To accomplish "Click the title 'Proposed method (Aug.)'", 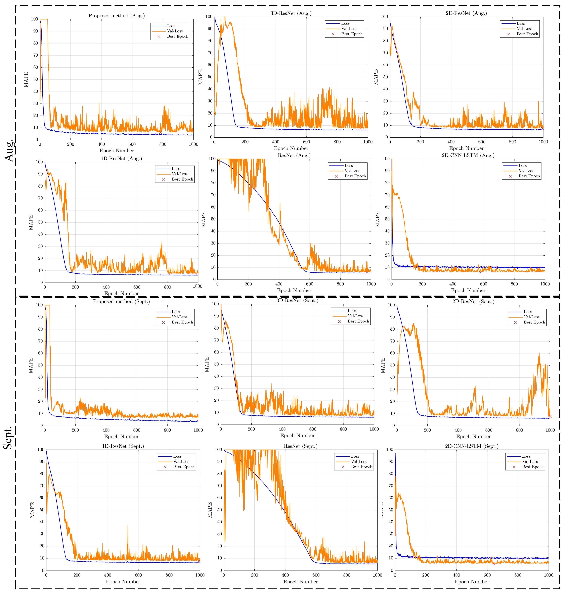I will click(117, 16).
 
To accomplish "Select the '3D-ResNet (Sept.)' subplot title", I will click(297, 300).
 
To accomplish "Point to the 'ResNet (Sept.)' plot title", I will click(301, 446).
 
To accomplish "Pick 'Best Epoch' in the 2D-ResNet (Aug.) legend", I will click(527, 34).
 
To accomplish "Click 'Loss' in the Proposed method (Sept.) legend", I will click(176, 312).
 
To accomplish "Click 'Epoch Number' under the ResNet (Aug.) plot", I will click(294, 290).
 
